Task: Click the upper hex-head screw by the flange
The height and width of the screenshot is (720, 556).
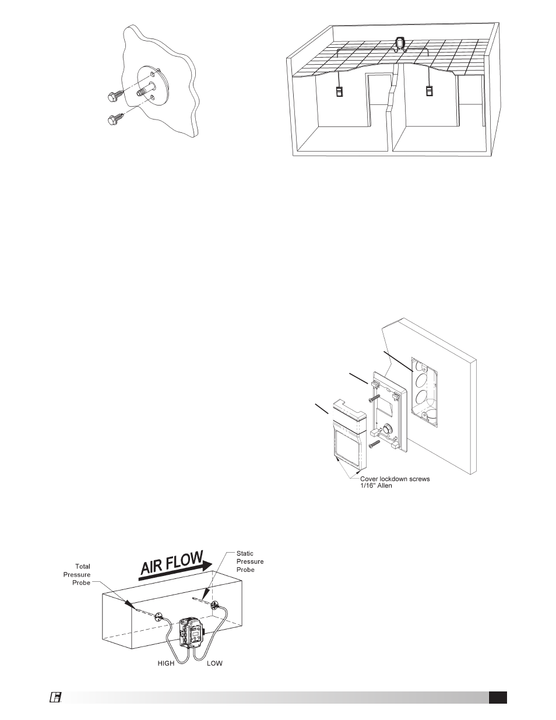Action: (116, 95)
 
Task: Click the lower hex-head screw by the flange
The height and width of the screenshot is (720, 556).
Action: (116, 118)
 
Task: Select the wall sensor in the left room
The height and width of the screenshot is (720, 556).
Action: (339, 92)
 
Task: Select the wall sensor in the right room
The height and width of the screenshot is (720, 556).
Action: (429, 90)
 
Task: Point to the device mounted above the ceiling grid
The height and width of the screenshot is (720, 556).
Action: (400, 45)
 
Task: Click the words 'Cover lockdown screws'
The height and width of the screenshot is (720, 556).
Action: (395, 479)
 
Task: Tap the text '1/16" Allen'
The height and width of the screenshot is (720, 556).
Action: (376, 486)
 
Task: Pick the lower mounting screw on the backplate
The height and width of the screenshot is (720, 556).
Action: (374, 444)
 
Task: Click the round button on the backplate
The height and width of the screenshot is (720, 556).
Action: (386, 428)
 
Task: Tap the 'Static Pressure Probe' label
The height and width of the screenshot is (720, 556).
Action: (250, 561)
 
